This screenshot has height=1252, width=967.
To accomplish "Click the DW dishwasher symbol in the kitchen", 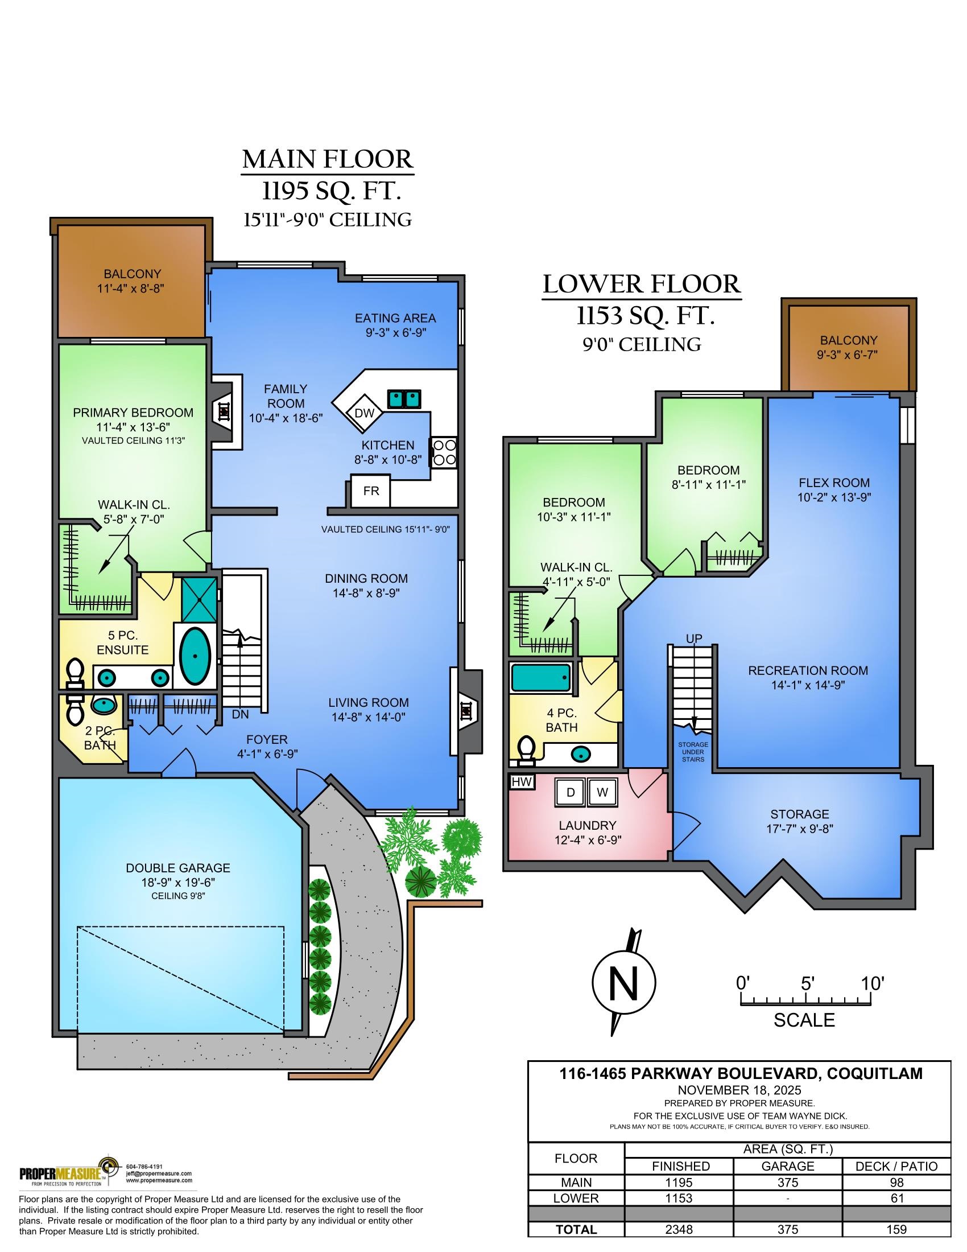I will coord(365,413).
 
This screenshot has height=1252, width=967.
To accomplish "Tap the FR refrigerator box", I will coord(371,491).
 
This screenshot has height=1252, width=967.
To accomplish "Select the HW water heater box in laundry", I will coord(520,781).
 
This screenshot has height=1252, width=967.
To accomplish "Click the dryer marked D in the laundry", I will coord(570,792).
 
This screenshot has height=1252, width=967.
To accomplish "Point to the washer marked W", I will coord(602,792).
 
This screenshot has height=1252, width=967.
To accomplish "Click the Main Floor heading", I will coord(327,159).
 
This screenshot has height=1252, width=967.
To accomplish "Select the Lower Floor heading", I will coord(641,285).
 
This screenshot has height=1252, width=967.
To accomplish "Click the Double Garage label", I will coord(177,868).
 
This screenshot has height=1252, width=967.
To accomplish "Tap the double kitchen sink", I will coord(404,397).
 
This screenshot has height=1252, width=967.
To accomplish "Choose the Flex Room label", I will coord(834,483).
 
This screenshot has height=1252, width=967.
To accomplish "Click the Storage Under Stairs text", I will coord(693,752).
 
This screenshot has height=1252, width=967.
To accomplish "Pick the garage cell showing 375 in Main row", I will coord(788,1182).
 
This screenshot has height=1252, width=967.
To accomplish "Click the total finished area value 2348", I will coord(679,1229).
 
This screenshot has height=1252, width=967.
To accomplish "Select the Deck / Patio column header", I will coord(896,1166).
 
